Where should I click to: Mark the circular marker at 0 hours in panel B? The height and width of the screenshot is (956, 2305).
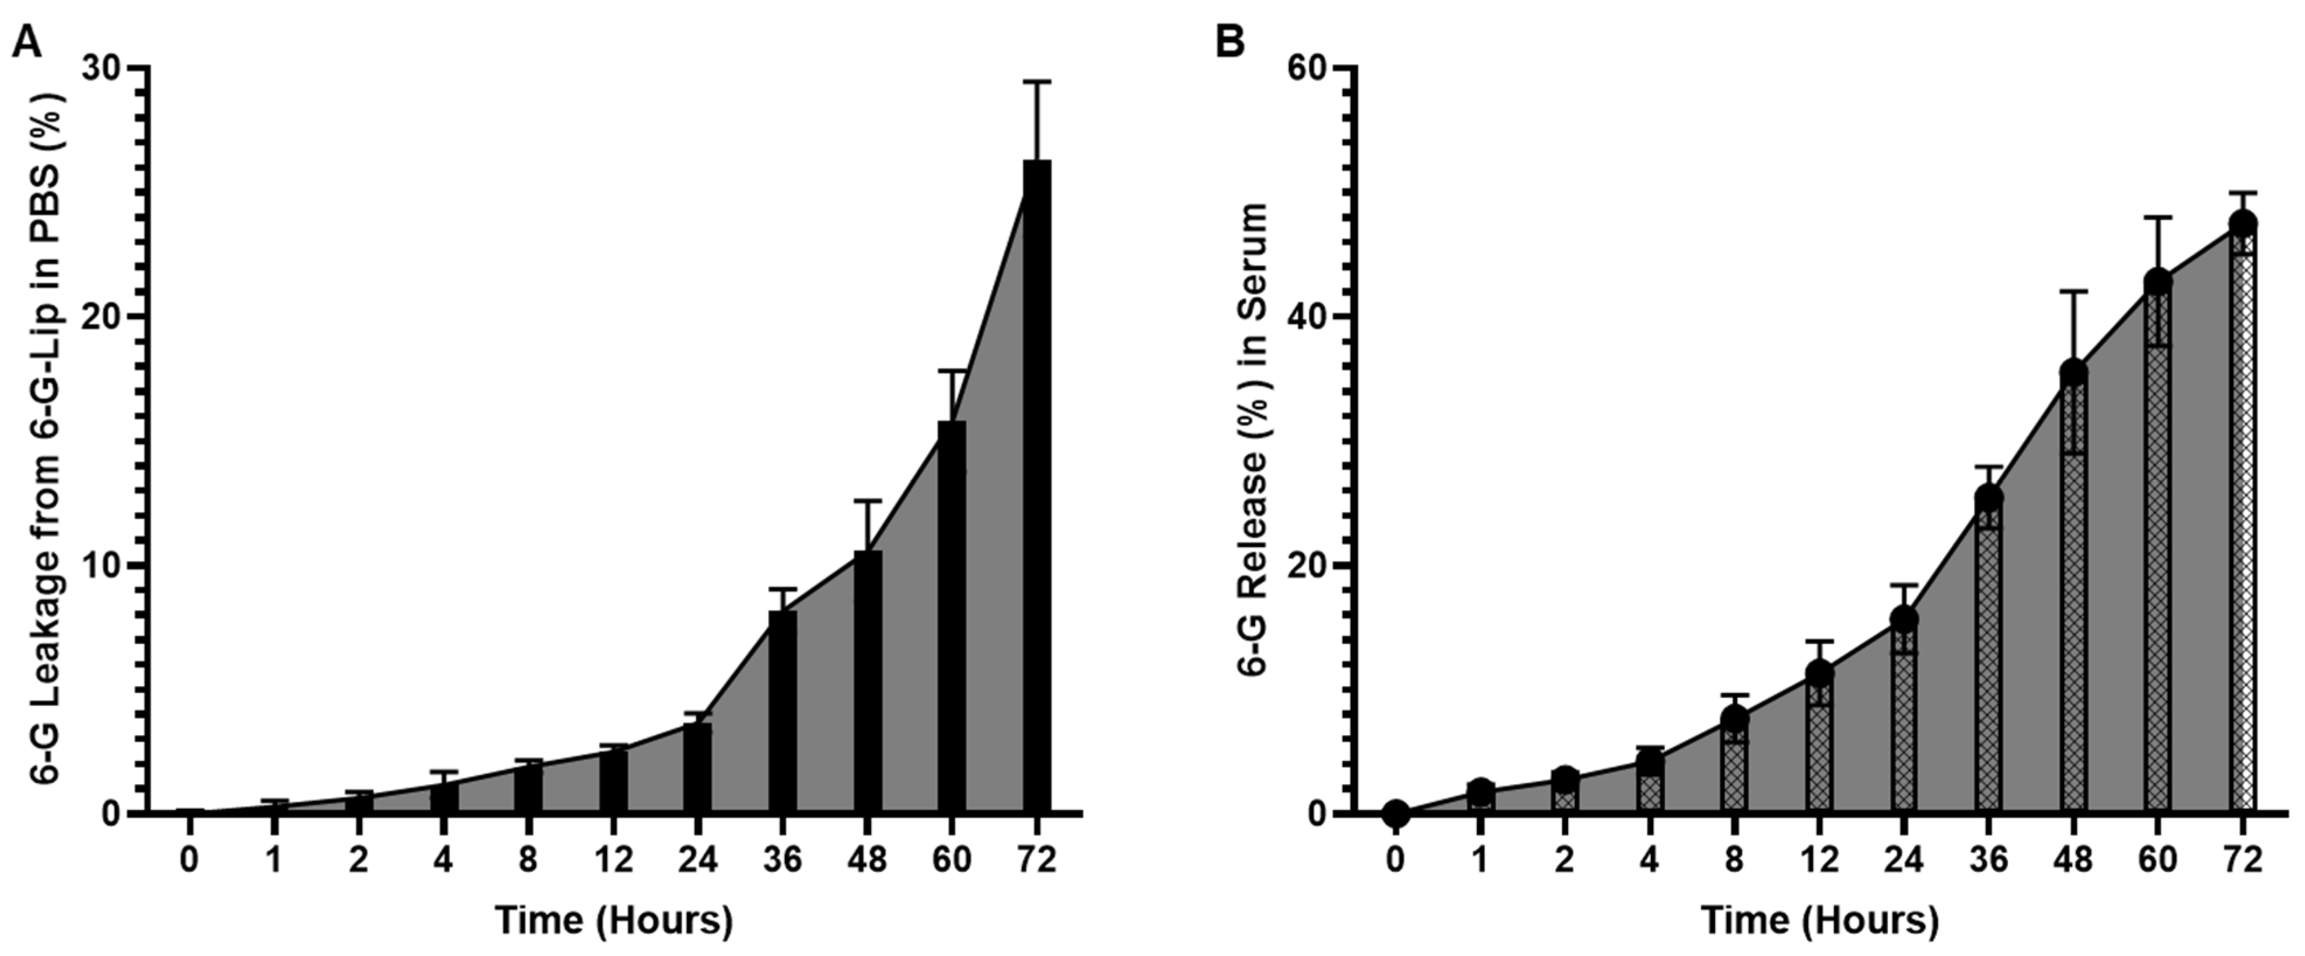(x=1396, y=813)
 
